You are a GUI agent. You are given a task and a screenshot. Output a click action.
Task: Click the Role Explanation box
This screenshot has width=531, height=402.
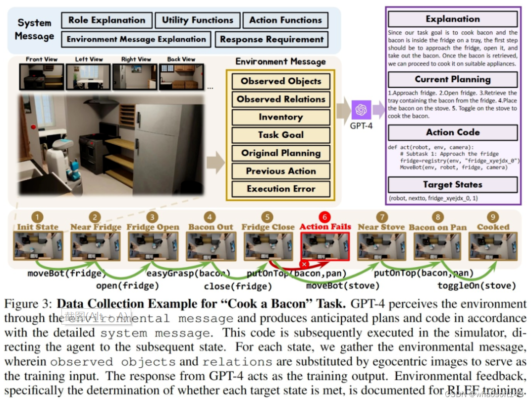pos(106,20)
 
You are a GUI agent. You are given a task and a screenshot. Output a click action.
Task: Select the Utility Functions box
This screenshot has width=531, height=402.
pos(197,20)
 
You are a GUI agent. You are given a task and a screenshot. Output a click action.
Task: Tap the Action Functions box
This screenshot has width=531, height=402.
pos(285,20)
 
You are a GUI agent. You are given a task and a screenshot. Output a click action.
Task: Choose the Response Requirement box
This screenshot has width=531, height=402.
pos(271,39)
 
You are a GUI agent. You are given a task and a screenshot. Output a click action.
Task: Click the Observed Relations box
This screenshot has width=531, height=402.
pos(281,99)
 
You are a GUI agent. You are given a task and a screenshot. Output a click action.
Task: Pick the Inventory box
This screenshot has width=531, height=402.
pos(281,117)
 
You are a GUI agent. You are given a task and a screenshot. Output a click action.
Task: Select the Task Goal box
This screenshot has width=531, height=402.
pos(281,135)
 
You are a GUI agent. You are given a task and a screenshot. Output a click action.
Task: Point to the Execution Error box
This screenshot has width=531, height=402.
pos(281,189)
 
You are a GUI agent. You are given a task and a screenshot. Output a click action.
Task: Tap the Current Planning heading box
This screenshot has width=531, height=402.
pos(453,79)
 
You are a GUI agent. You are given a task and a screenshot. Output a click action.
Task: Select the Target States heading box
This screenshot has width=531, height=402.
pos(453,185)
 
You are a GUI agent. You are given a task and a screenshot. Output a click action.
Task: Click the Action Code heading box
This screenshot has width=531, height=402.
pos(453,132)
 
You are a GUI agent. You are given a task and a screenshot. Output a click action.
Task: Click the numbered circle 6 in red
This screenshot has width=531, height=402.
pos(324,217)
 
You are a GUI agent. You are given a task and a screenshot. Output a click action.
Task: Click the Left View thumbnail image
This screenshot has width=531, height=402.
pos(89,77)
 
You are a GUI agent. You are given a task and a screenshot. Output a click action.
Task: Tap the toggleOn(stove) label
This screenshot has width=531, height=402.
pos(477,286)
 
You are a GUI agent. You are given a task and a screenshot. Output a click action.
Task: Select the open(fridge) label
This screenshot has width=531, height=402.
pos(128,286)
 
